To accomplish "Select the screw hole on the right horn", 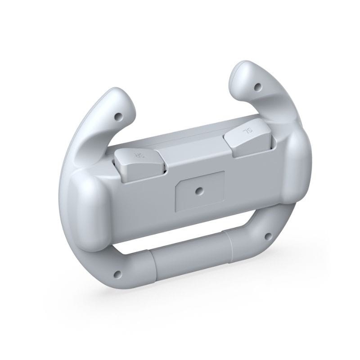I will click(x=258, y=86).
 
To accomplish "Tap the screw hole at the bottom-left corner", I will click(x=119, y=274).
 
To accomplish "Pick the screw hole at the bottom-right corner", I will click(x=269, y=235).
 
